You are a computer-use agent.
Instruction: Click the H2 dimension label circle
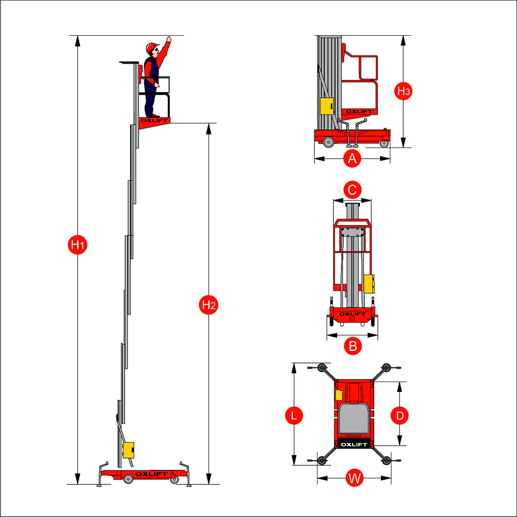tap(208, 305)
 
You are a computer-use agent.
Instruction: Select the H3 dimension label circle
tap(403, 91)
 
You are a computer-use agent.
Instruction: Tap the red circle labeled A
tap(353, 158)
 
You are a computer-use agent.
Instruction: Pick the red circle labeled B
tap(353, 345)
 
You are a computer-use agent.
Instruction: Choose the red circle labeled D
tap(400, 415)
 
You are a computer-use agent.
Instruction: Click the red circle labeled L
tap(294, 415)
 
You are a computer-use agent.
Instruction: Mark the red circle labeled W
tap(354, 478)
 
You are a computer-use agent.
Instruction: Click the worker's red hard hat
tap(151, 48)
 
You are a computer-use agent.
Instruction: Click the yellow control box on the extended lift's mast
tap(128, 450)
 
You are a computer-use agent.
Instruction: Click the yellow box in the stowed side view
tap(326, 106)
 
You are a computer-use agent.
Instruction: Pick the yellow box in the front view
tap(369, 283)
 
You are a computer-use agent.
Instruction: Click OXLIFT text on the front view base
tap(352, 313)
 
